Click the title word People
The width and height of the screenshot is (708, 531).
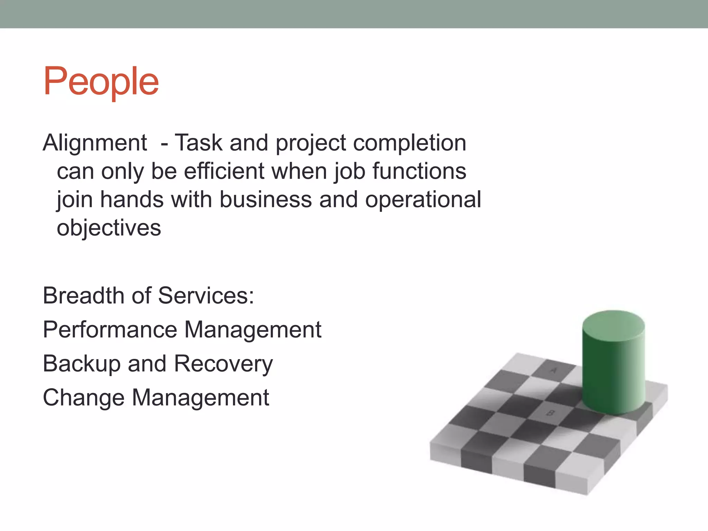(x=101, y=82)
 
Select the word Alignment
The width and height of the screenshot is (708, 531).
(x=95, y=142)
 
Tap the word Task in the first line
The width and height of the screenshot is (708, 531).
(x=198, y=142)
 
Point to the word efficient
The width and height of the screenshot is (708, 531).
(x=223, y=171)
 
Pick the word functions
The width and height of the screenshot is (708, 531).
(x=419, y=171)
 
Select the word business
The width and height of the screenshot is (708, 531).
(x=265, y=199)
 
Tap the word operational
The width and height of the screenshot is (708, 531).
(x=423, y=200)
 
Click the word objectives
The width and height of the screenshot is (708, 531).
(x=109, y=228)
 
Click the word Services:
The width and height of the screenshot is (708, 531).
(x=206, y=296)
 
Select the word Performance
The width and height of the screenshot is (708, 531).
(x=110, y=329)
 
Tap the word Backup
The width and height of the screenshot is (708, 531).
(x=82, y=364)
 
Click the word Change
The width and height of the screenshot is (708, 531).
(x=83, y=398)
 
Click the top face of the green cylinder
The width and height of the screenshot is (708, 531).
(x=613, y=325)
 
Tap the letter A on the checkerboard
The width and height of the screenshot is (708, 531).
(x=553, y=370)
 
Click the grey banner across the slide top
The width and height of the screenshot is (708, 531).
(x=354, y=14)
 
